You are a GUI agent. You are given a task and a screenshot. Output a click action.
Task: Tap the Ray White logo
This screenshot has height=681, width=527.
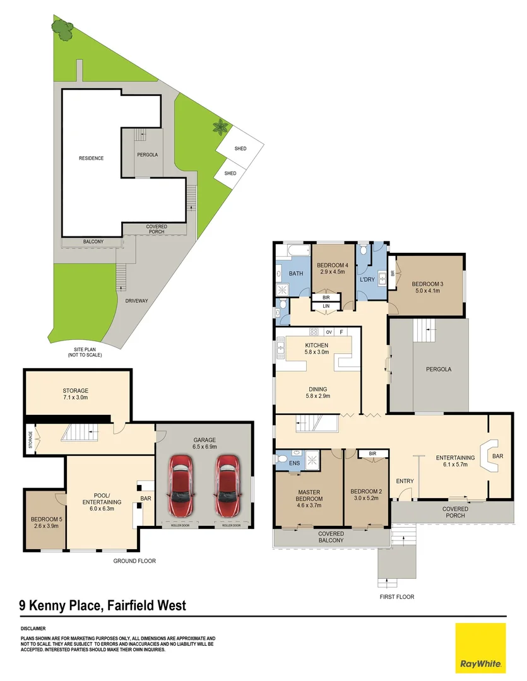click(480, 648)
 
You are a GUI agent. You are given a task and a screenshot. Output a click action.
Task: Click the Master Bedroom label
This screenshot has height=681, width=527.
click(309, 496)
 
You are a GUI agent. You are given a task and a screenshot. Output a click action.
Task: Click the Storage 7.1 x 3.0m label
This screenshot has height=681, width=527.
click(75, 394)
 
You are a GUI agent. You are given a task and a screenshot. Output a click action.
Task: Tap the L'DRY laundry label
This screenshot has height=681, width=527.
click(368, 279)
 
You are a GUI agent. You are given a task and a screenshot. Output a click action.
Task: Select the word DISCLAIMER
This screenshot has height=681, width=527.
click(33, 628)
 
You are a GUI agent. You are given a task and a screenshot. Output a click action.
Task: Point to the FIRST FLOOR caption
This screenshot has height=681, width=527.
click(396, 597)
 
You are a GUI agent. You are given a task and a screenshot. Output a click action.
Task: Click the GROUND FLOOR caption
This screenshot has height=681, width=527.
click(134, 561)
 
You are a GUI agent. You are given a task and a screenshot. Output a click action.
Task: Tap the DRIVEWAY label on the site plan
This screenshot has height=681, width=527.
click(136, 301)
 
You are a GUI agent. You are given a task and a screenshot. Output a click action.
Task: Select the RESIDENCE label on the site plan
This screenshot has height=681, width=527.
click(91, 158)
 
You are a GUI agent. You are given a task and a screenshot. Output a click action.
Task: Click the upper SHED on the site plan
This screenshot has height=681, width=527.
click(240, 149)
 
